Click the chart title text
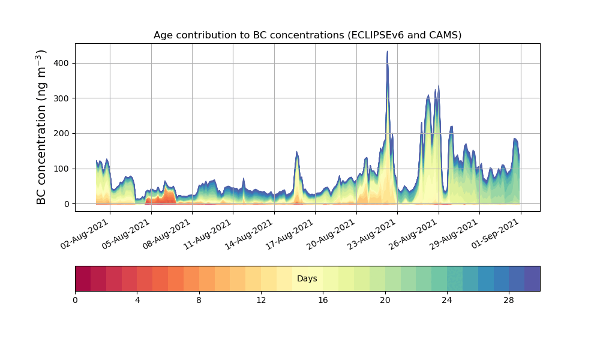[307, 35]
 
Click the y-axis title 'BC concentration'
[41, 127]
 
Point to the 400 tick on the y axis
[59, 63]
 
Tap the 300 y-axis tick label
[59, 98]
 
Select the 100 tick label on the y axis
[59, 169]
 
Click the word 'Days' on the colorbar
[307, 279]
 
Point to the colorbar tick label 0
[75, 300]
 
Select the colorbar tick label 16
[323, 300]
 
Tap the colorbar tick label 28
[509, 300]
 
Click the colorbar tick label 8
[199, 300]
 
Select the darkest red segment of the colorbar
[83, 278]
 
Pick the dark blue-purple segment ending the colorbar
[532, 278]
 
